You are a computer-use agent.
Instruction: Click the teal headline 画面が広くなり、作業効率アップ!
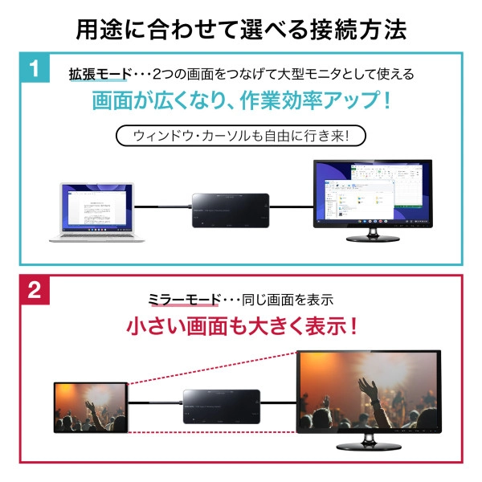[x=241, y=103]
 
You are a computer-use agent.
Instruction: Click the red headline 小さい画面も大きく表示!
[x=241, y=327]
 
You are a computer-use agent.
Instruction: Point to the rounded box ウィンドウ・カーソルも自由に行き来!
[x=241, y=137]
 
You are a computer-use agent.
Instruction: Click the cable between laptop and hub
[x=161, y=207]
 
